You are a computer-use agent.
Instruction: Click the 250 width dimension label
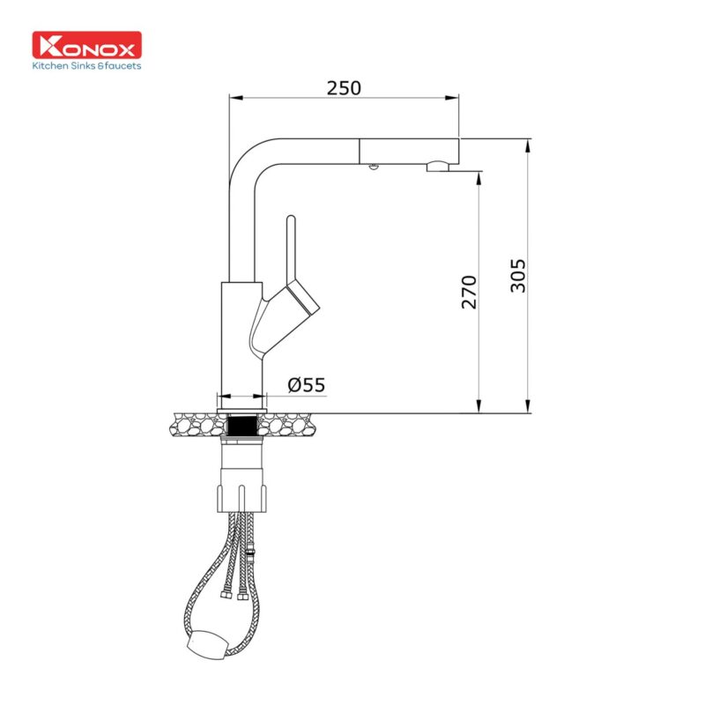tap(344, 88)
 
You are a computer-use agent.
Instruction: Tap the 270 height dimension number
tap(470, 292)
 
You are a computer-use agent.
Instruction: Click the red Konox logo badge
tap(86, 46)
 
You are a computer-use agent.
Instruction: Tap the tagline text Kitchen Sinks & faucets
tap(86, 65)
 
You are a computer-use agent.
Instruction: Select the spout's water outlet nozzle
tap(437, 166)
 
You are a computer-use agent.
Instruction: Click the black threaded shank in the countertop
tap(241, 426)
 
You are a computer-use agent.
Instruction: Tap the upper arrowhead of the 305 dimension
tap(527, 144)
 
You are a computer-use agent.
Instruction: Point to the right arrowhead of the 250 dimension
tap(453, 97)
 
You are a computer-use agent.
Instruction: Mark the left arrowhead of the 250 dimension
tap(235, 97)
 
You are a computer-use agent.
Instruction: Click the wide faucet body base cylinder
tap(240, 339)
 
